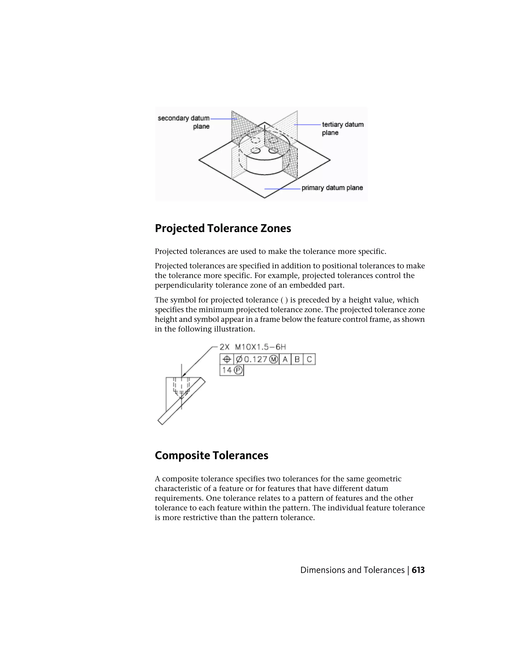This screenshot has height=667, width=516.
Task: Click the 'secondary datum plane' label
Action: point(184,122)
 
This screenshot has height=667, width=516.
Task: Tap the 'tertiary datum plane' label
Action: point(342,128)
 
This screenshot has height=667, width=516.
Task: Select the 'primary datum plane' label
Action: point(332,188)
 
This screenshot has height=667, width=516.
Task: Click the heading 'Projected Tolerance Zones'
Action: point(223,229)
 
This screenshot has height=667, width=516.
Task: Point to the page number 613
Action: point(418,570)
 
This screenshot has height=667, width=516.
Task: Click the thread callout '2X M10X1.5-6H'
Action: point(253,347)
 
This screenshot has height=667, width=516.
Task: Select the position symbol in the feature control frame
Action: point(227,359)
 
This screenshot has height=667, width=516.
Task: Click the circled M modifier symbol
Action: point(274,359)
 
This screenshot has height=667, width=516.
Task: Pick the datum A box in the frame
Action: point(285,359)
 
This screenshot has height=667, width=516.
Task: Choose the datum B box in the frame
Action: point(297,359)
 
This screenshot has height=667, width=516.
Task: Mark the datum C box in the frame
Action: point(309,359)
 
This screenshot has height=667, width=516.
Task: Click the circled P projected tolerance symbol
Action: point(238,370)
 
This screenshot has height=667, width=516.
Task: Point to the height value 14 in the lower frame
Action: point(227,370)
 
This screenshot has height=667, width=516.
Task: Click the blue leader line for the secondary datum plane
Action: point(223,119)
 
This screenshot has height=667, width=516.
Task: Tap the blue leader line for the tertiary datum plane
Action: point(307,125)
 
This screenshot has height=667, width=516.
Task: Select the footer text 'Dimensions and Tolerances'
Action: point(352,570)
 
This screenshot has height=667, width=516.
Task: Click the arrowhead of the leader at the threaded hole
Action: point(183,375)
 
